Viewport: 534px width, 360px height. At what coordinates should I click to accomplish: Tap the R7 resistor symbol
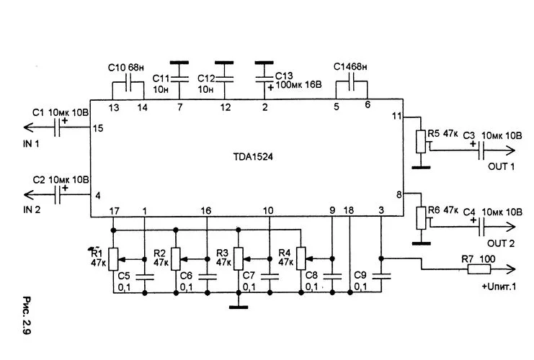[479, 269]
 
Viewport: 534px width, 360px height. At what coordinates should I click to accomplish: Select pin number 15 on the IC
[98, 127]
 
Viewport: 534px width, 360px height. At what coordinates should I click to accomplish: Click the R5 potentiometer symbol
[420, 142]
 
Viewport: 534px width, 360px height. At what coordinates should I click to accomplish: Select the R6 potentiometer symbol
[420, 217]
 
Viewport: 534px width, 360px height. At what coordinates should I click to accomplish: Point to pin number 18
[349, 210]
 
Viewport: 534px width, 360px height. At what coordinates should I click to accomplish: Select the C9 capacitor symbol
[381, 274]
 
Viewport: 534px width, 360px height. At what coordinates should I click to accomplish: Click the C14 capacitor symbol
[352, 84]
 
